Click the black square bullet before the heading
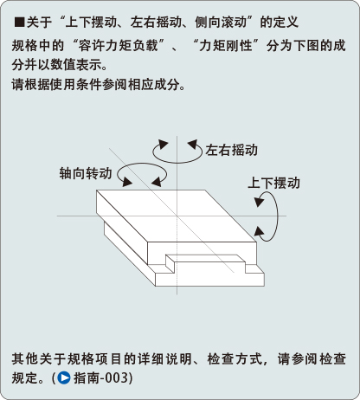(19, 23)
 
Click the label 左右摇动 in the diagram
(231, 150)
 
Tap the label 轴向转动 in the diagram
(86, 173)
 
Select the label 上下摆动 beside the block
(273, 183)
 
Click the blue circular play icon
(64, 377)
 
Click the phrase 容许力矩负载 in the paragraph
(118, 46)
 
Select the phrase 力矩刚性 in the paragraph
(225, 46)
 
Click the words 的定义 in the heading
(280, 23)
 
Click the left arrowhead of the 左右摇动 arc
(163, 144)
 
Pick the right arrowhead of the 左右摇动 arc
(192, 145)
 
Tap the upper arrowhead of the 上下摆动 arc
(259, 202)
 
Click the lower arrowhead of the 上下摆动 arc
(259, 232)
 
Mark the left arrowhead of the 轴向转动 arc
(127, 182)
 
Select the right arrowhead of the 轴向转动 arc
(157, 182)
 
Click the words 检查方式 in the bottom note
(234, 359)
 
